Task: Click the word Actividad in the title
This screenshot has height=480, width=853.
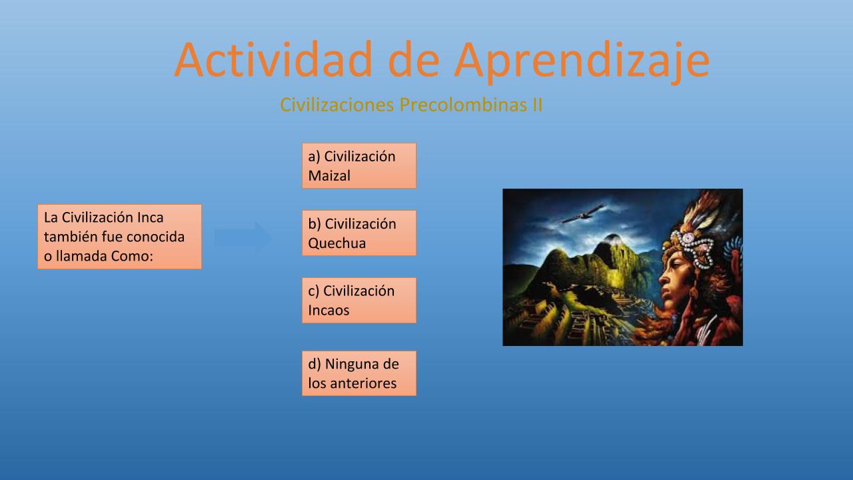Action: [x=273, y=60]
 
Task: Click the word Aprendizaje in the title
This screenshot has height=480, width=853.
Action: [x=582, y=62]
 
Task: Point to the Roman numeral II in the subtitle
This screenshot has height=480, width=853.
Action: [x=537, y=105]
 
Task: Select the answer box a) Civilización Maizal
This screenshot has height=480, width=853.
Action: [x=359, y=166]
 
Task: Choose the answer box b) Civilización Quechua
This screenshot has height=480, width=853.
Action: [x=359, y=233]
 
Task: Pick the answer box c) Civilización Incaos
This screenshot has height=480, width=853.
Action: [x=359, y=300]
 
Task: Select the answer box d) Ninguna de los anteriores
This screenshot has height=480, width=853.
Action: [x=359, y=373]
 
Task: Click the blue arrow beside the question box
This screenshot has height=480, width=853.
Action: [x=242, y=237]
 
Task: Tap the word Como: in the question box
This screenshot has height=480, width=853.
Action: [x=132, y=256]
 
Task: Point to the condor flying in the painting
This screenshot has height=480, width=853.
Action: [x=583, y=214]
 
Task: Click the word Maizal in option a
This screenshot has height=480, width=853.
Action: [x=329, y=175]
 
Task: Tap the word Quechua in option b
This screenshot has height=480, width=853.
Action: [x=337, y=243]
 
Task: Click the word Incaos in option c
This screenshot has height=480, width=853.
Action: [x=329, y=310]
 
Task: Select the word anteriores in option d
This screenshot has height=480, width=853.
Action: [x=363, y=383]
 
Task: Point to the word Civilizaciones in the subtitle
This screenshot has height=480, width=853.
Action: [x=337, y=105]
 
